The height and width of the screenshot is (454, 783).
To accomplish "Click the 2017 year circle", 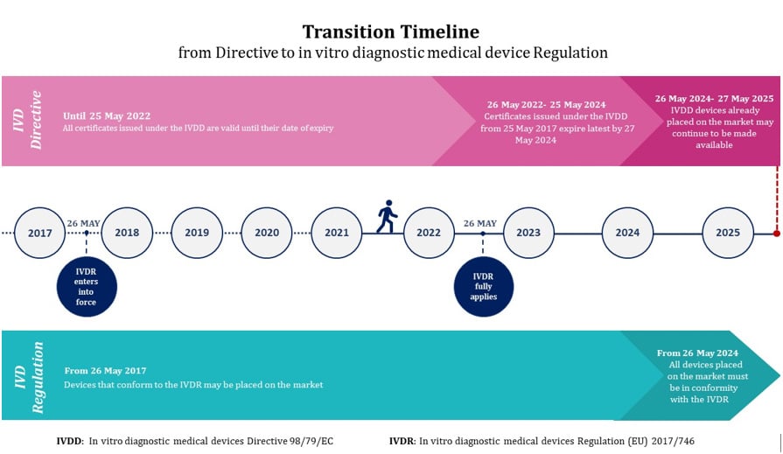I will pos(40,233).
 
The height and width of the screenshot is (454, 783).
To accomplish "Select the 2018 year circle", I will pos(127,233).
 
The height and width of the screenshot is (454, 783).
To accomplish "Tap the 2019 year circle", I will pos(197,233).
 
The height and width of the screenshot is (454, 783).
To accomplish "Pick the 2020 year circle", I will pos(267,233).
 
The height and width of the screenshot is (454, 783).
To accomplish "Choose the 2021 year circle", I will pos(337,233).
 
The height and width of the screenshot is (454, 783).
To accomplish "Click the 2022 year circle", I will pos(429,233).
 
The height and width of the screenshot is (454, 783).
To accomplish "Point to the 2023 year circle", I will pos(528,233).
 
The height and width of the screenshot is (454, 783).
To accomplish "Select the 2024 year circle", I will pos(627,233).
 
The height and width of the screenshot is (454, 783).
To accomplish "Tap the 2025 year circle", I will pos(728,233).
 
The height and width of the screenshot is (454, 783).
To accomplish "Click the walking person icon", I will pos(387,217).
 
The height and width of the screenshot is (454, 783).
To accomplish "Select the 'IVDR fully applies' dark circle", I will pos(483,285).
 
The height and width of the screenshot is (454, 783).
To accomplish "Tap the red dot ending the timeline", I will pos(777,234).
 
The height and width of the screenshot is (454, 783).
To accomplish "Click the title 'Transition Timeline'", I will pos(391,32).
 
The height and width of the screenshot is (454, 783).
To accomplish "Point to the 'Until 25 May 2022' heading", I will pos(107,115).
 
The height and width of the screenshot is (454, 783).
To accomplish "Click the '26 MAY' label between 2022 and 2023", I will pos(479,223).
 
